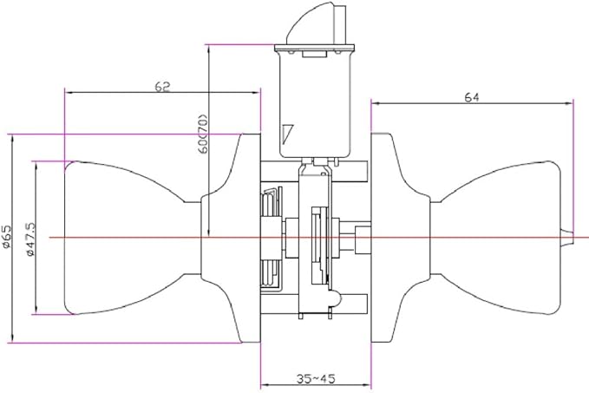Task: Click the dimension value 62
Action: pyautogui.click(x=162, y=87)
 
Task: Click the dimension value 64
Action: pyautogui.click(x=472, y=97)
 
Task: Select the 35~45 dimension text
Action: pyautogui.click(x=316, y=378)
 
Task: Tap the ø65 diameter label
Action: pyautogui.click(x=7, y=237)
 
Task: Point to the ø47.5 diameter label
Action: pyautogui.click(x=30, y=239)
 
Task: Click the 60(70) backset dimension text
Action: pyautogui.click(x=202, y=133)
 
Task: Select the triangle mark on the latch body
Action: pyautogui.click(x=287, y=134)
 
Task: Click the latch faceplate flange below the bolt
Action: pyautogui.click(x=314, y=48)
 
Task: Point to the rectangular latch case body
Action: pyautogui.click(x=315, y=104)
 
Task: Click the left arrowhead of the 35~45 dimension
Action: pyautogui.click(x=264, y=384)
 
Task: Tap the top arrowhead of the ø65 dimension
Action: pyautogui.click(x=13, y=138)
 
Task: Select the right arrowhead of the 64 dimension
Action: pyautogui.click(x=570, y=103)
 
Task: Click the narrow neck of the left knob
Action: pyautogui.click(x=192, y=238)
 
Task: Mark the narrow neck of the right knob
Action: pyautogui.click(x=435, y=238)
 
